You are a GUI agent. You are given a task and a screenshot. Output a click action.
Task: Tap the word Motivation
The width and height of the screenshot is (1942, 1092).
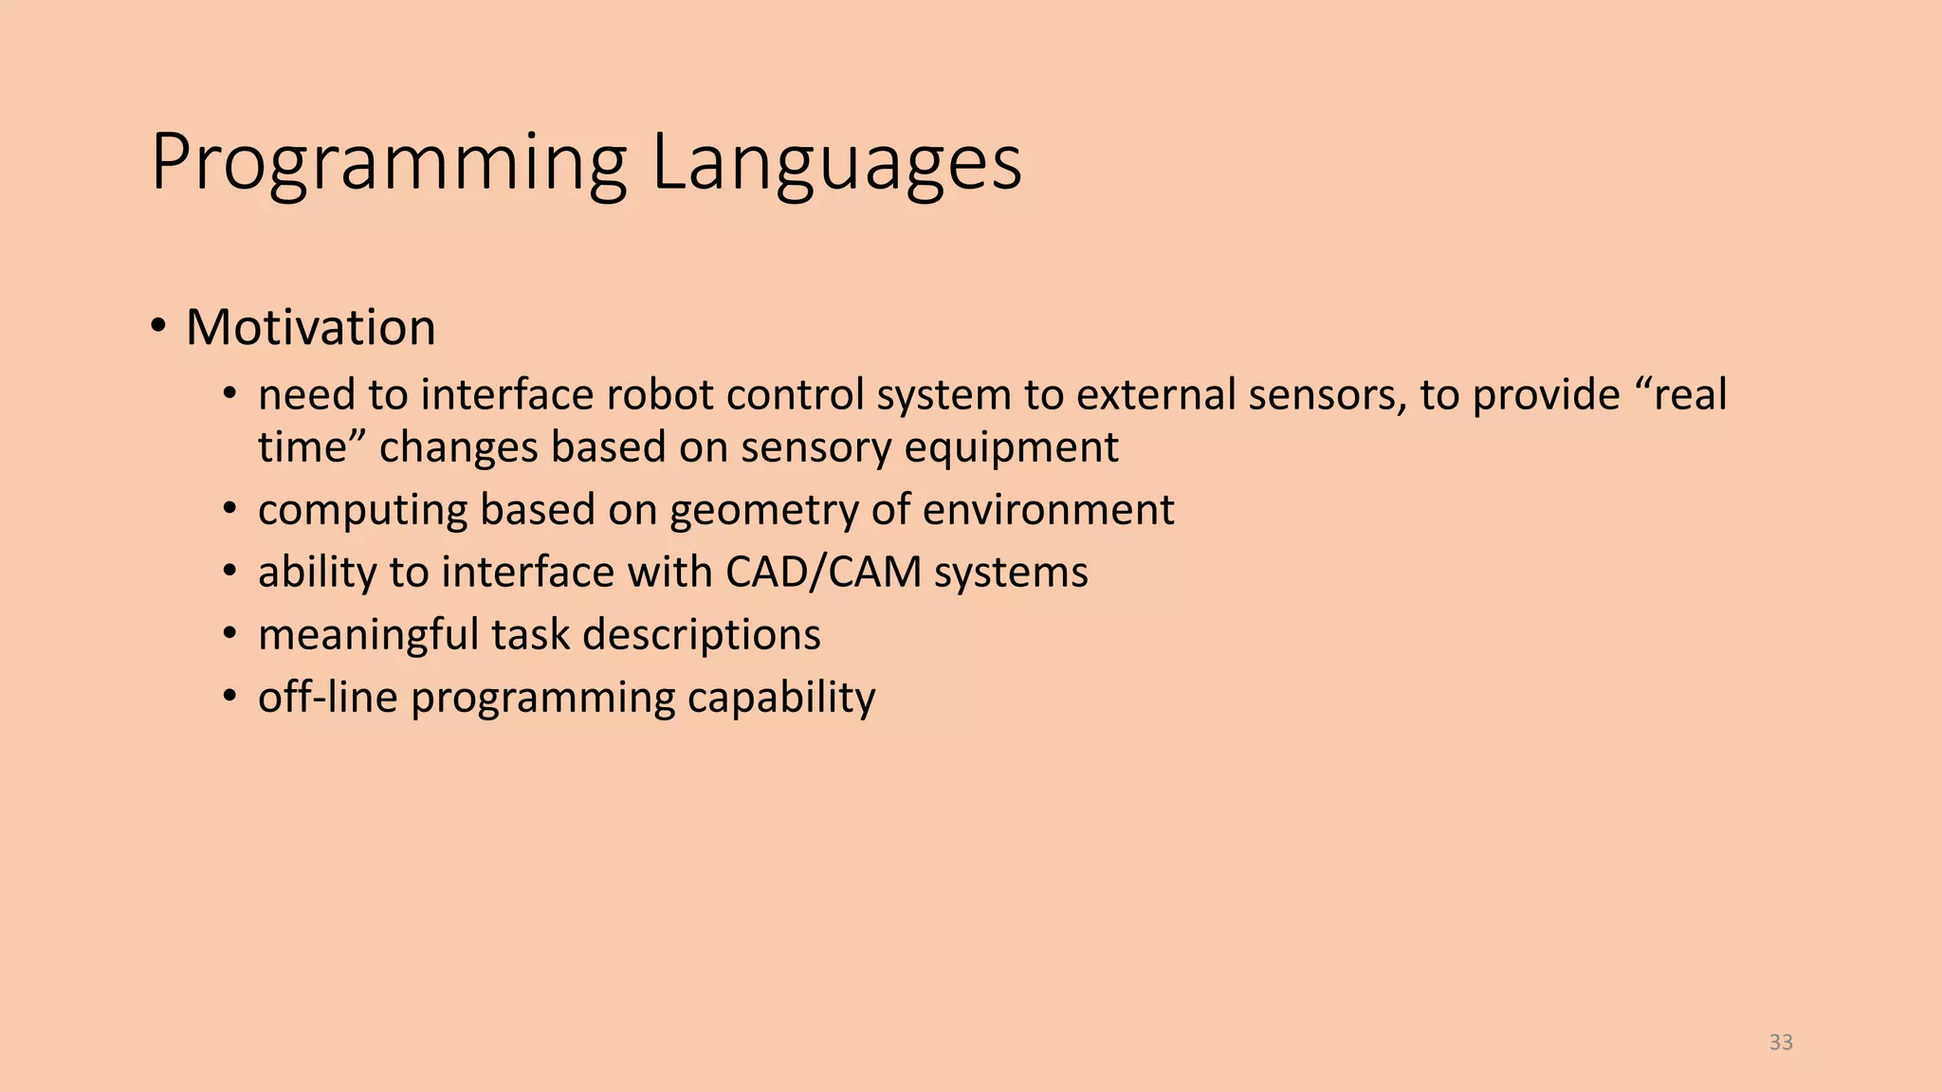point(311,328)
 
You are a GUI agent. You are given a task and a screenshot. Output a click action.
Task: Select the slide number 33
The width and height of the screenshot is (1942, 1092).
point(1781,1042)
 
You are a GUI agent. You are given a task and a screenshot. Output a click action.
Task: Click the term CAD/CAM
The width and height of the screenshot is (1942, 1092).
point(824,573)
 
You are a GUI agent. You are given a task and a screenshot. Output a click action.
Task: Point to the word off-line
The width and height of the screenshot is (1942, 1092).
point(328,698)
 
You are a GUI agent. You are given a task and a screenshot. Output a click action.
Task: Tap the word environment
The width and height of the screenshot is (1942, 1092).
point(1048,510)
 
